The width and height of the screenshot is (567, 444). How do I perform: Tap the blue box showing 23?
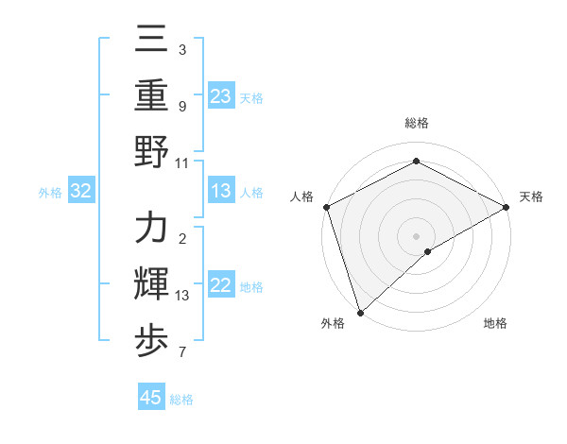pos(221,96)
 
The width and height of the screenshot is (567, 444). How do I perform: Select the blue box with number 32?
pos(81,192)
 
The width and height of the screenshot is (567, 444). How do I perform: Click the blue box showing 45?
pos(151,398)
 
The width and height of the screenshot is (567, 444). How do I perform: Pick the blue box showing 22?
pos(221,286)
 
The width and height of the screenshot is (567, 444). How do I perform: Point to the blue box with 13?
pos(221,192)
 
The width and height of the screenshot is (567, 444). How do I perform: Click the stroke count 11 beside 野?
pos(182,162)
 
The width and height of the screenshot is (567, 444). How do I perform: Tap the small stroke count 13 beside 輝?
pos(182,296)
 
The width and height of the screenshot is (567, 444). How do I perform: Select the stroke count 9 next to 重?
pos(181,106)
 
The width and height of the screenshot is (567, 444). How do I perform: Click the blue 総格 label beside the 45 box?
pos(181,400)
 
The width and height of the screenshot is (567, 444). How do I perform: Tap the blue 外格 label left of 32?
pos(50,193)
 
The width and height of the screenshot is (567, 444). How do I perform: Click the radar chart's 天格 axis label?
pos(531,196)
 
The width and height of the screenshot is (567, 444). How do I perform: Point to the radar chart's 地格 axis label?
pos(495,323)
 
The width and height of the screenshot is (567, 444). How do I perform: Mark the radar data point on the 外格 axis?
pos(359,312)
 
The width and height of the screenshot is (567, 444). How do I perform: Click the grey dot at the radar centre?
pos(417,234)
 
